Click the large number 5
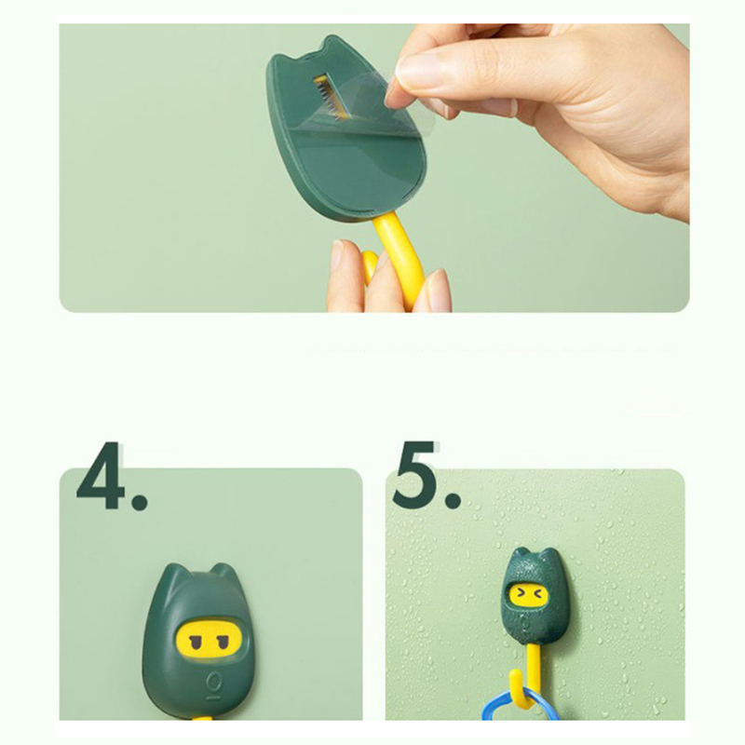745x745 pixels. [x=414, y=474]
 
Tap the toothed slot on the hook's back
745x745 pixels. [x=327, y=94]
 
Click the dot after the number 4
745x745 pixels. [x=140, y=501]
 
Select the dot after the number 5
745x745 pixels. [x=453, y=500]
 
